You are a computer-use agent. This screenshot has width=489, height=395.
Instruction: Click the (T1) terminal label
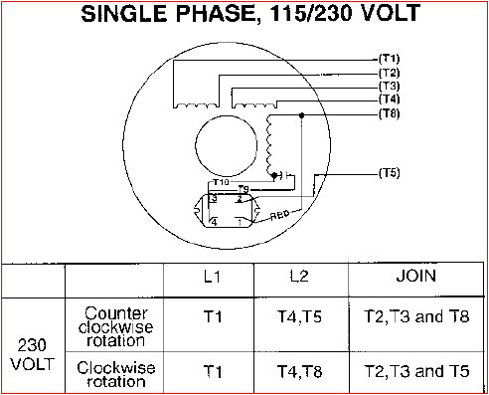pos(389,58)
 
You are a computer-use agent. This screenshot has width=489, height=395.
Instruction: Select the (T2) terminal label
pos(389,73)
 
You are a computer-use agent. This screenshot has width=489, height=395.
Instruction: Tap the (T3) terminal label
pos(389,87)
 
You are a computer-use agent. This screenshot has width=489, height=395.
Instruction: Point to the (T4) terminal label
pos(389,99)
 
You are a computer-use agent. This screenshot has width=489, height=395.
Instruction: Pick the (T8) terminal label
pos(389,114)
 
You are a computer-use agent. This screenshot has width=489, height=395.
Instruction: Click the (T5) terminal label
pos(389,173)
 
